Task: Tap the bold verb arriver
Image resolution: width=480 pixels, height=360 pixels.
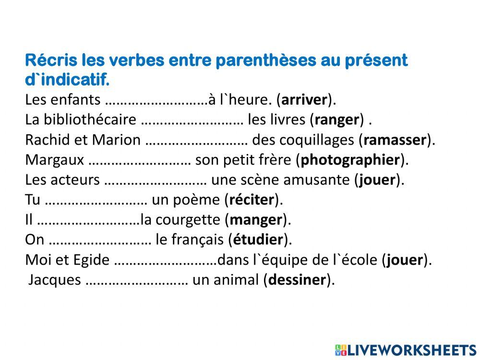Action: [x=305, y=100]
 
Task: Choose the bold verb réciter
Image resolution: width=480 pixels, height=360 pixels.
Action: [x=252, y=200]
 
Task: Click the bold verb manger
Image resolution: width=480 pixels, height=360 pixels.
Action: [x=256, y=220]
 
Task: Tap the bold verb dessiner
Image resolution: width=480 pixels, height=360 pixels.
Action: [x=298, y=280]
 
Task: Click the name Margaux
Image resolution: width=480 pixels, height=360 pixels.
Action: [x=54, y=160]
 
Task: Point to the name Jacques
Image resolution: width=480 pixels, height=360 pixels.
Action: [x=54, y=280]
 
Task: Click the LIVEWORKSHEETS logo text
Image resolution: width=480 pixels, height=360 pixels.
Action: [x=411, y=349]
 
